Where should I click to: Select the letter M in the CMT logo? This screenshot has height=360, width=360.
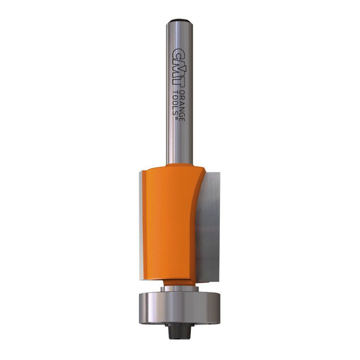(177, 69)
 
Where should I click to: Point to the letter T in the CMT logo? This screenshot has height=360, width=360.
(178, 83)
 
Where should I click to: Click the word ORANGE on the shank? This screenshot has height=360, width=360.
(182, 105)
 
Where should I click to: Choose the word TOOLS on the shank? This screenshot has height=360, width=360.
(175, 103)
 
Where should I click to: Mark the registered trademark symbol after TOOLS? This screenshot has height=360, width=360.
(176, 119)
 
